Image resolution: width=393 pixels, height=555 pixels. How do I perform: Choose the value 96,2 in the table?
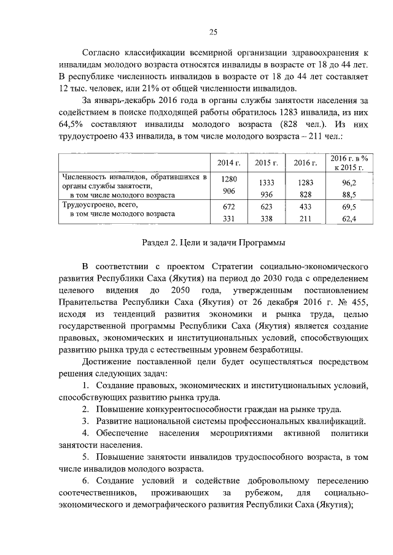point(349,183)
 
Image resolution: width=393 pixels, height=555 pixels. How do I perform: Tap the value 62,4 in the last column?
point(349,219)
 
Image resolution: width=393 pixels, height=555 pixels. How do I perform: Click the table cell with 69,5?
point(349,207)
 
